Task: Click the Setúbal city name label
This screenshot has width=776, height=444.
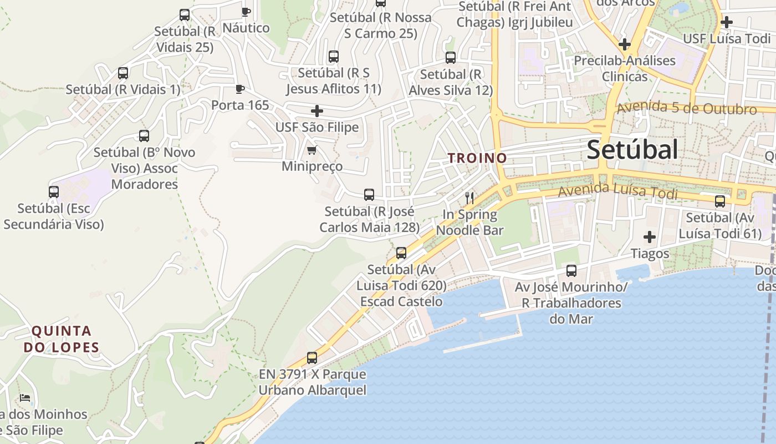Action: (632, 150)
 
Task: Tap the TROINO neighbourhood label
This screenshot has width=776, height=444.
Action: (477, 158)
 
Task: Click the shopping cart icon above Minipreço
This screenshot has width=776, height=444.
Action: (312, 150)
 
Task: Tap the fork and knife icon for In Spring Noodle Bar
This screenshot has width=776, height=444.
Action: (469, 198)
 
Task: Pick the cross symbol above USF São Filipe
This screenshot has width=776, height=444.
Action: (317, 111)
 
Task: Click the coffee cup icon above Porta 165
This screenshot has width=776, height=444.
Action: (239, 89)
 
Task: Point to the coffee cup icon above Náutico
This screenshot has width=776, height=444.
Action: (246, 11)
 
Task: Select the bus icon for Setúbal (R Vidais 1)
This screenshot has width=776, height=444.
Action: (123, 73)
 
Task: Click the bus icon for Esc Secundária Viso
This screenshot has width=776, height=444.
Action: (54, 192)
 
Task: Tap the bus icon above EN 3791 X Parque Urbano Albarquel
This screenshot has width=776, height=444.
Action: (312, 358)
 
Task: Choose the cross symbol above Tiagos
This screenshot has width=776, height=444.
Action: (650, 237)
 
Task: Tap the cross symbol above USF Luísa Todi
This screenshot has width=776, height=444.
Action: (727, 22)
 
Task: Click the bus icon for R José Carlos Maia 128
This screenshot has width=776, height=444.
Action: (369, 195)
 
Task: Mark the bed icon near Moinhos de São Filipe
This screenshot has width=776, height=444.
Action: (25, 397)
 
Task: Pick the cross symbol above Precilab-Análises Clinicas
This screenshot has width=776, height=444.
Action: (625, 44)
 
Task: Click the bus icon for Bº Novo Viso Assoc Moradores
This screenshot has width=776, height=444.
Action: (144, 135)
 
